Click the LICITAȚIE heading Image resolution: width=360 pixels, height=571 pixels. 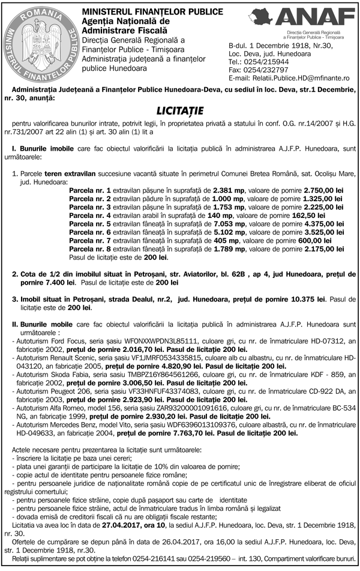180,110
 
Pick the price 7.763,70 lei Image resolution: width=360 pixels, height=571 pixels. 191,432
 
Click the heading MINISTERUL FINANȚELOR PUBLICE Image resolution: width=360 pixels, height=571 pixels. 142,11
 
